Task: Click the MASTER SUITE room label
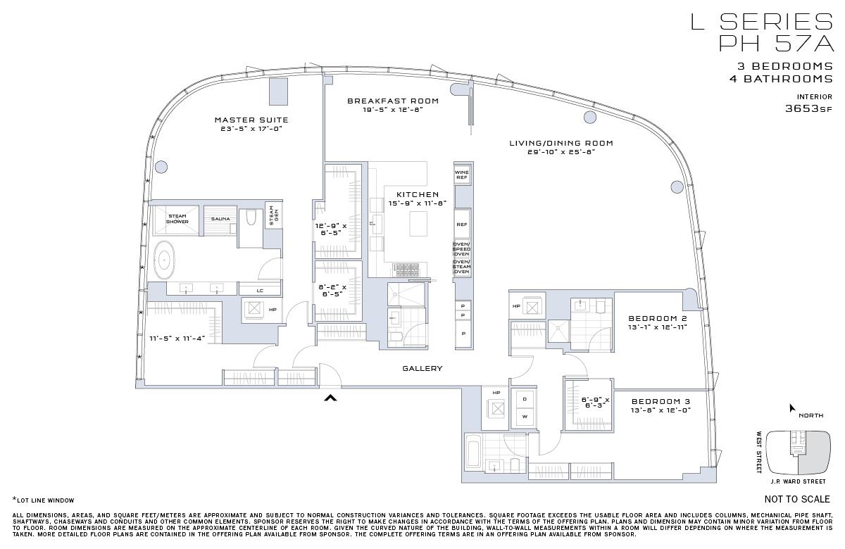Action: [251, 120]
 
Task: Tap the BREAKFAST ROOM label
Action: [392, 101]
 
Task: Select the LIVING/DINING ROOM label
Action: [561, 143]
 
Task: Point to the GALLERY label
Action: [423, 368]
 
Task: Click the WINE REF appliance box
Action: [462, 175]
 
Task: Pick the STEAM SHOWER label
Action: [177, 219]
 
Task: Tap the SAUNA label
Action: [220, 219]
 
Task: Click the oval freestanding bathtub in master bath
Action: [165, 259]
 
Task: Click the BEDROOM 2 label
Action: [657, 318]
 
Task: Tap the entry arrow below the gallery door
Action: [330, 398]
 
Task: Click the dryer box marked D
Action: [524, 399]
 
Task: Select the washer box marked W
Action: [524, 417]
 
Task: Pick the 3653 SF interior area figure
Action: [808, 109]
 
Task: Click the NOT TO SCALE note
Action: [797, 499]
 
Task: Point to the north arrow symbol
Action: [792, 408]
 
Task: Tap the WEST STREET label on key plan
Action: [759, 452]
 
